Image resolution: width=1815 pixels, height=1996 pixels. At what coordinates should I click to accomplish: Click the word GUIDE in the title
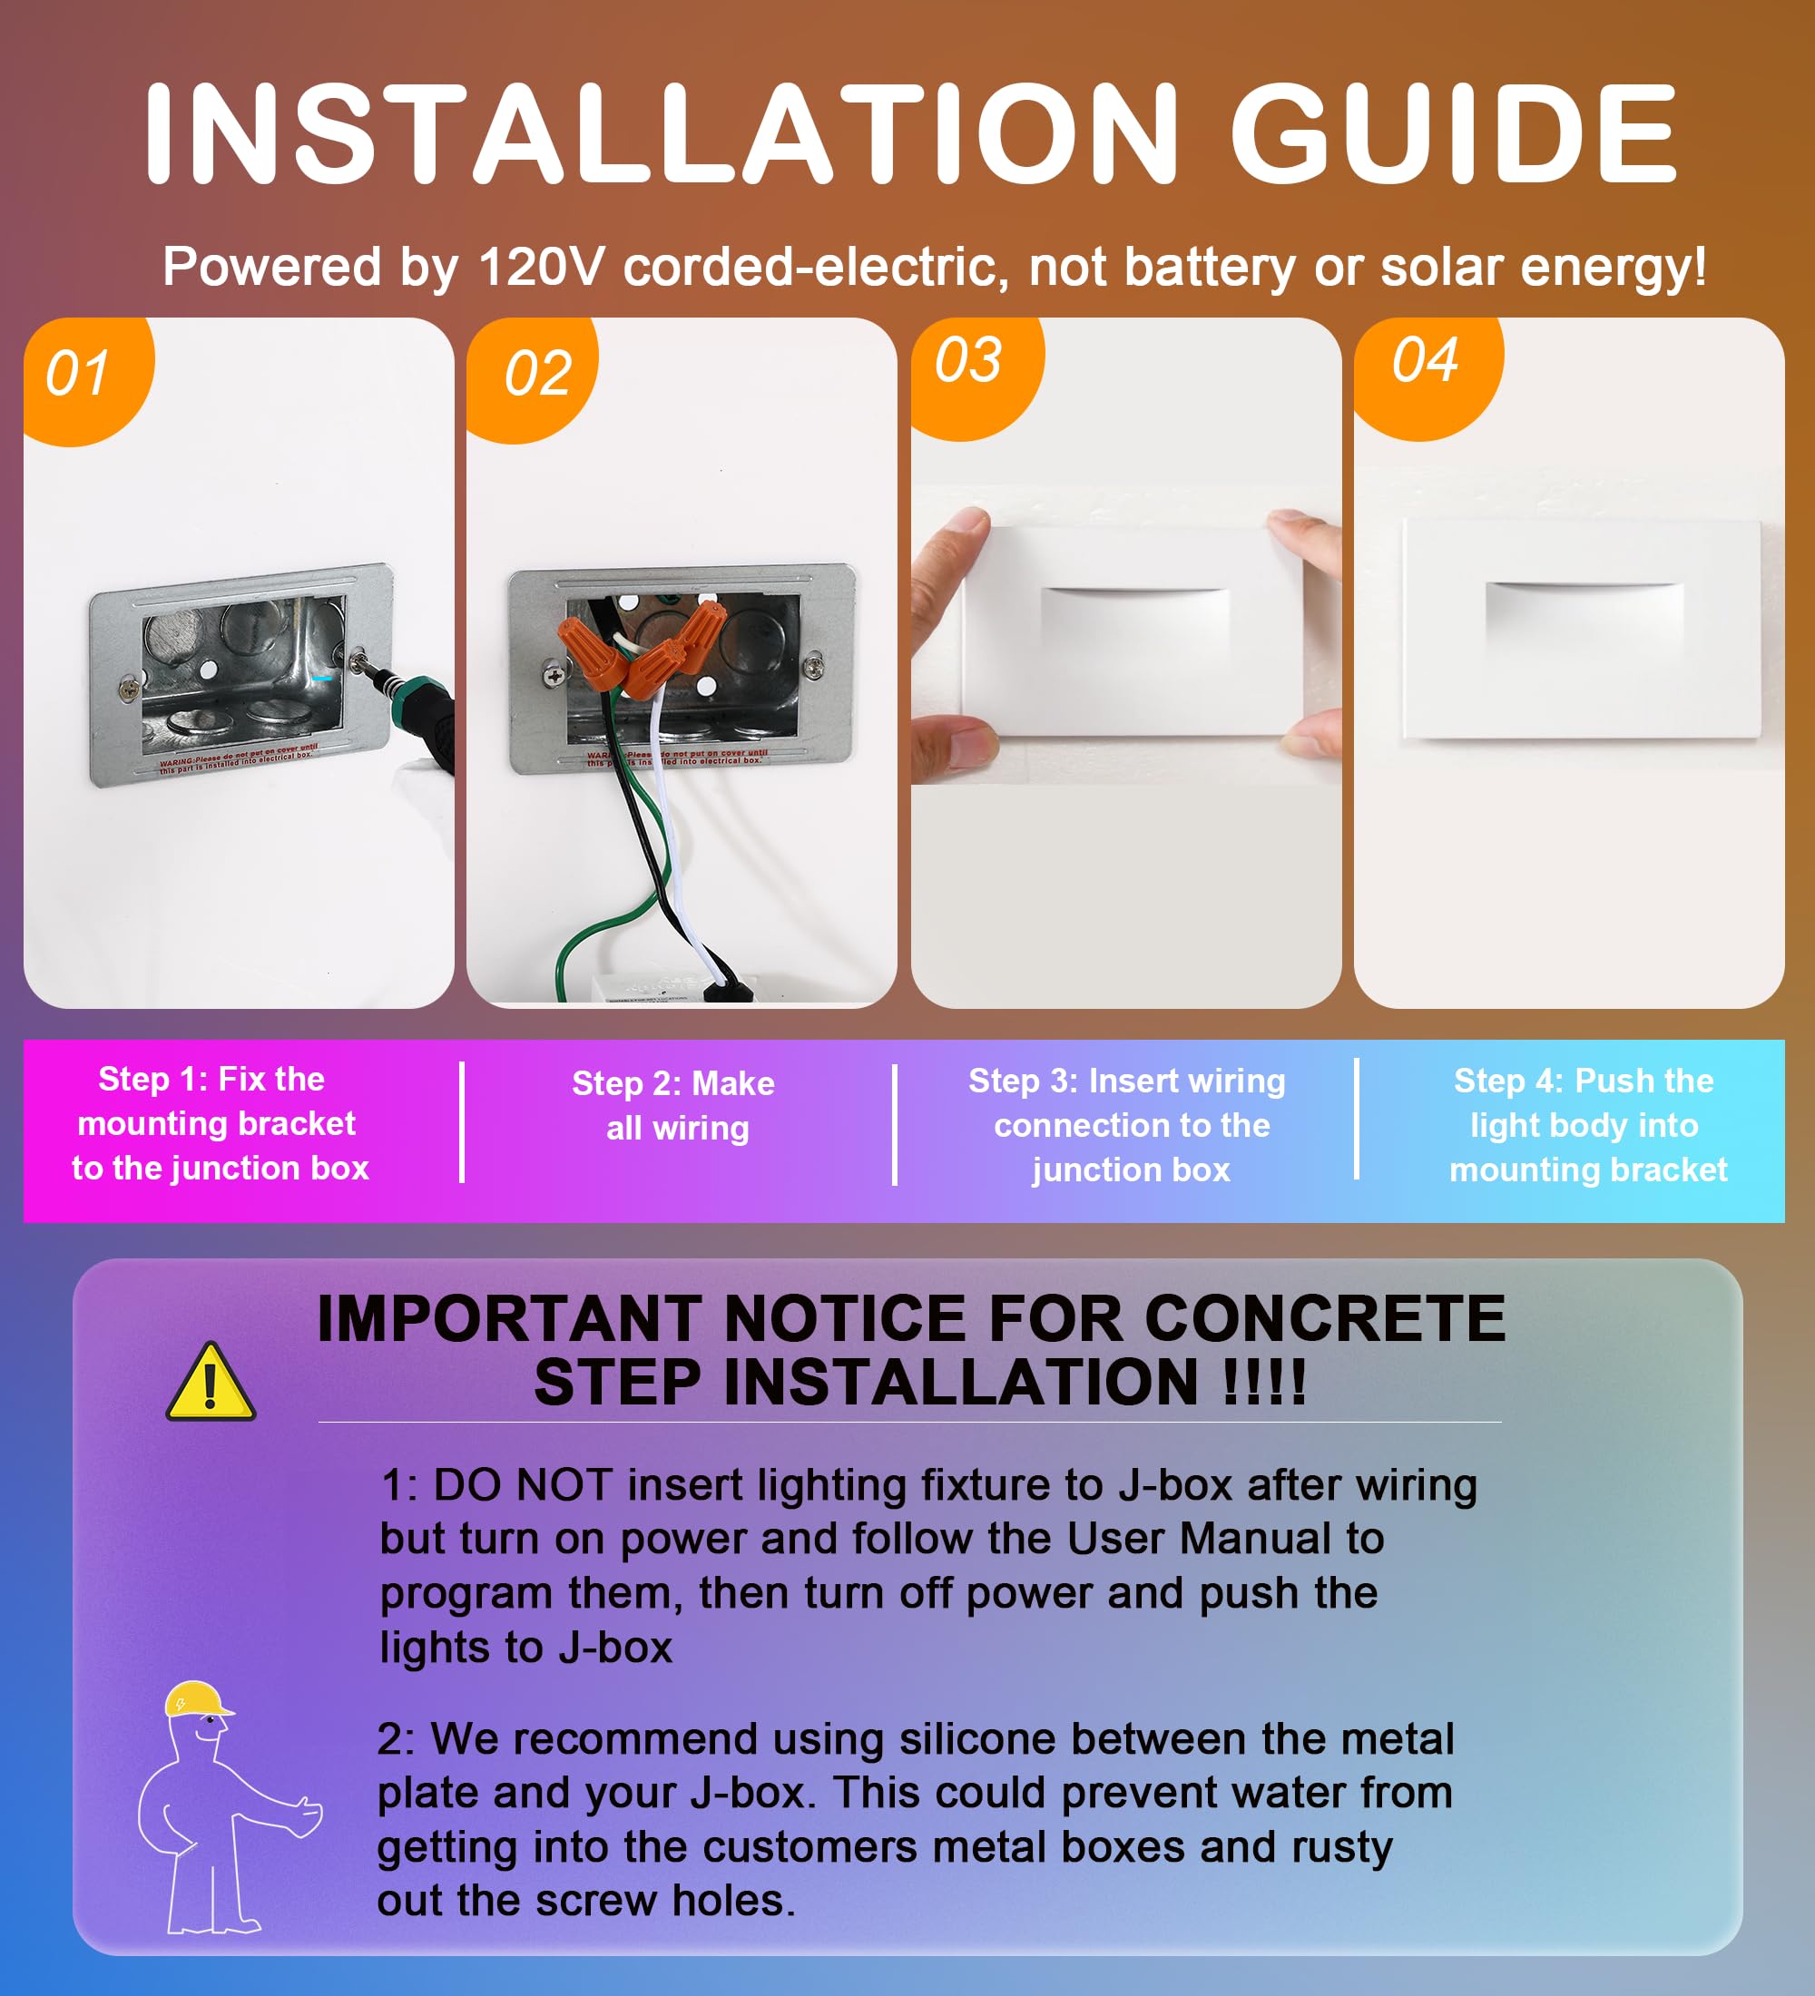coord(1454,133)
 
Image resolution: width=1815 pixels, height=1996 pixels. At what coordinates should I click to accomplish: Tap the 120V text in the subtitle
coord(541,268)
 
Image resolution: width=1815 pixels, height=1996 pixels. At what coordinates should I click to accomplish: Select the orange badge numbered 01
coord(88,380)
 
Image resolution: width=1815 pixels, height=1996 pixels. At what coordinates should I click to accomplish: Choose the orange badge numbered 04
coord(1427,377)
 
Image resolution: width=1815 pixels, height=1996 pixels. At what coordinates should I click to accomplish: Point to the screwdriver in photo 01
coord(411,708)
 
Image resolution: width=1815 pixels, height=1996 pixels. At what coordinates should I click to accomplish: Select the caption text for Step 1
coord(220,1124)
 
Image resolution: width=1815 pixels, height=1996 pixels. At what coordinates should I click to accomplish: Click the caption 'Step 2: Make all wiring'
coord(674,1106)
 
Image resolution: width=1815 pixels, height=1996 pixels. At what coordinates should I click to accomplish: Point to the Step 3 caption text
coord(1127,1126)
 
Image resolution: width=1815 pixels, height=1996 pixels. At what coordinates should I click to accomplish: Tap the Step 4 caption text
coord(1587,1126)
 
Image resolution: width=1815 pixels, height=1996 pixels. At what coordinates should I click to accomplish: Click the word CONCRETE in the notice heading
coord(1325,1319)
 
